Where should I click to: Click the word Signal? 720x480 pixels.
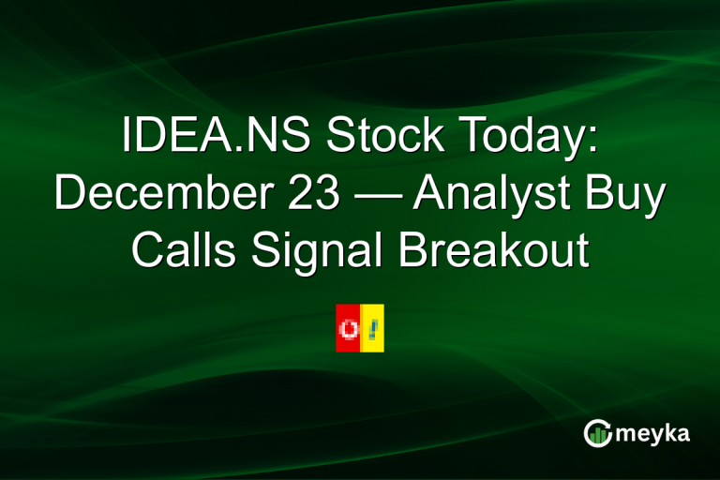[318, 250]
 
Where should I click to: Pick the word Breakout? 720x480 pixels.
[496, 250]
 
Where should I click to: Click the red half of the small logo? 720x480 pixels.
[348, 328]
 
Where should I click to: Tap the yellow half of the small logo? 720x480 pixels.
[372, 328]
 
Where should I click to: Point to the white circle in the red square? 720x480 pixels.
[349, 329]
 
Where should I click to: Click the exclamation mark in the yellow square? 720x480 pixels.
[372, 328]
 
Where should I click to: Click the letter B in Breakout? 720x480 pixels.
[418, 250]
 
